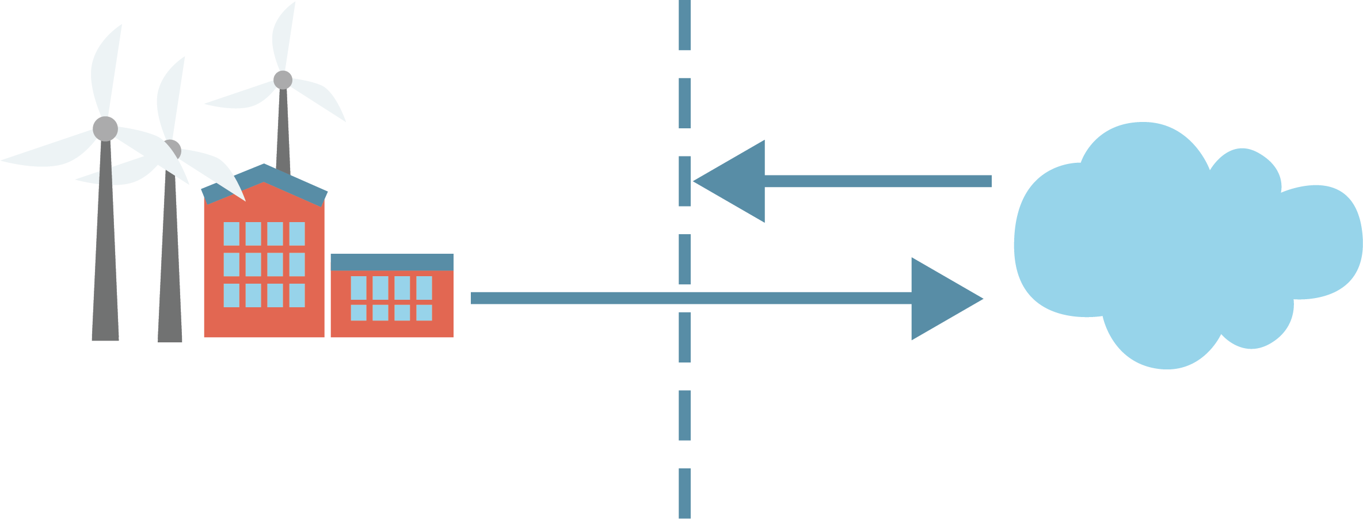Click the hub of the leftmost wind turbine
click(105, 128)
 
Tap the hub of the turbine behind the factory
click(283, 80)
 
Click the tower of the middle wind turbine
click(170, 265)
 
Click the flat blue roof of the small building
click(391, 262)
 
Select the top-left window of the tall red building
click(231, 234)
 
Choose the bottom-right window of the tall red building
click(297, 295)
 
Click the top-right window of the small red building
click(424, 288)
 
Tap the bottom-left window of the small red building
click(359, 312)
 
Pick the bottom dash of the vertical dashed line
click(684, 493)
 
